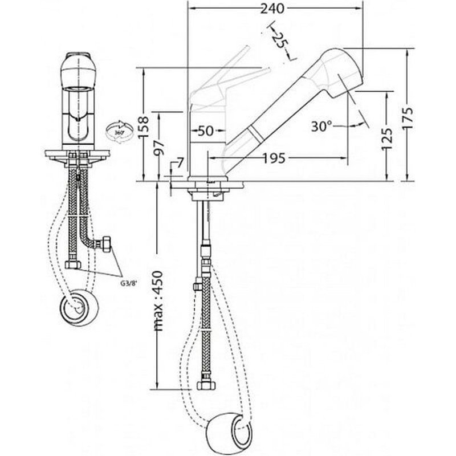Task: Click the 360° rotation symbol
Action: click(x=119, y=131)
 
